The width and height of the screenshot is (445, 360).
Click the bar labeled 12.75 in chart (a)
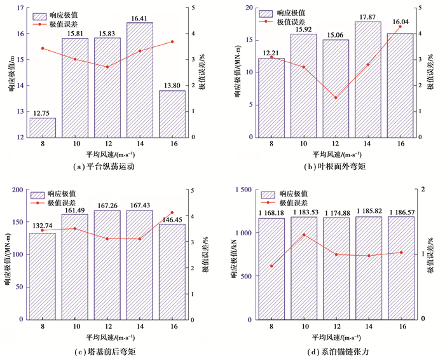(43, 127)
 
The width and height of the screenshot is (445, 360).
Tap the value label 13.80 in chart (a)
(172, 85)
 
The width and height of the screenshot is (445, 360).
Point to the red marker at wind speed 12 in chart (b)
(336, 97)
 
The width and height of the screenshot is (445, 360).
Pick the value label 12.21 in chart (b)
(271, 52)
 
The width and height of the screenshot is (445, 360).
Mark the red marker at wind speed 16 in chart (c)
(172, 212)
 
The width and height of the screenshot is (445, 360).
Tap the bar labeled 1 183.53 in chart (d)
(303, 267)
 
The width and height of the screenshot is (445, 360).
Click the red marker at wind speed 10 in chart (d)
(303, 235)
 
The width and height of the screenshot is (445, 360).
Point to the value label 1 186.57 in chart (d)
(400, 211)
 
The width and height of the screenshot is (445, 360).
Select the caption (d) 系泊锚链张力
(335, 350)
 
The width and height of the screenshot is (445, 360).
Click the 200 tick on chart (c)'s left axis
(17, 189)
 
